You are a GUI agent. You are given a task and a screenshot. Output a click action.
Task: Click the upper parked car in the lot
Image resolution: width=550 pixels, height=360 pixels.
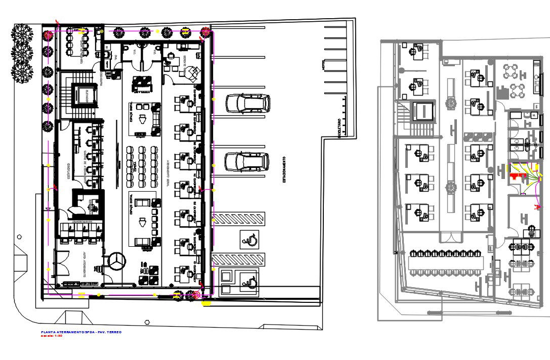(247, 104)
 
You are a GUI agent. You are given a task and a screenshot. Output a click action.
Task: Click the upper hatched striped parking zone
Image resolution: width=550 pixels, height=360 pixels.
(238, 219)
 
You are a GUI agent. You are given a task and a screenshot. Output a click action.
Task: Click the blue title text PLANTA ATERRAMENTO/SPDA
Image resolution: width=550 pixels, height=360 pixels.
(81, 332)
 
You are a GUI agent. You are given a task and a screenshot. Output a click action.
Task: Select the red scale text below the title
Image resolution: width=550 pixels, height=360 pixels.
(52, 336)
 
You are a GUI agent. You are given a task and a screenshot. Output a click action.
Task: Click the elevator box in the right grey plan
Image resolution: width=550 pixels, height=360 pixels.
(424, 111)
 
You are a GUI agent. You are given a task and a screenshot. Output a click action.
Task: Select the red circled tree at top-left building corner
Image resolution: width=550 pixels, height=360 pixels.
(49, 35)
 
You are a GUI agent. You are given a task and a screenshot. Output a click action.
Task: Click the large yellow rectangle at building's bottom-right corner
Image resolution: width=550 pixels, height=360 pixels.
(206, 303)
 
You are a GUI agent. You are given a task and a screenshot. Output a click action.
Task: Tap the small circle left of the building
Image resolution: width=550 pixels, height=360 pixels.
(19, 236)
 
